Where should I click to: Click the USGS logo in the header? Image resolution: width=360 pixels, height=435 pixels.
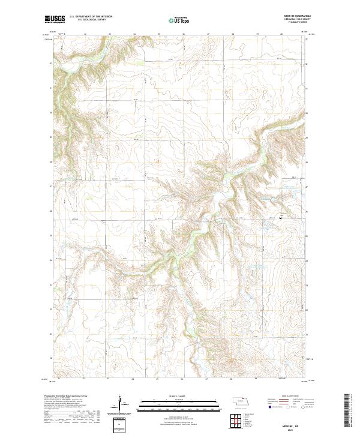pos(55,19)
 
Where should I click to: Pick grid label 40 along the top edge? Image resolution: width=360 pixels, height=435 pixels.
pos(282,34)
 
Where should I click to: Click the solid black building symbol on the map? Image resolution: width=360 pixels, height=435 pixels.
pos(280,218)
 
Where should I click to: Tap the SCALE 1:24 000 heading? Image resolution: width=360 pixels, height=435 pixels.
pos(180,397)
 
